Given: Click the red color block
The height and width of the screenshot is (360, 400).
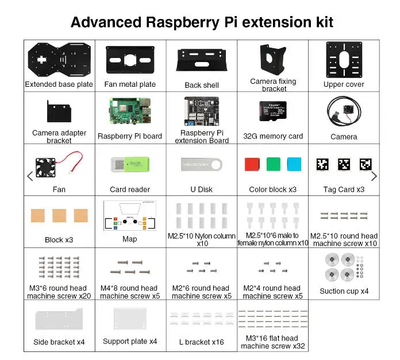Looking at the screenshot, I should (x=252, y=164).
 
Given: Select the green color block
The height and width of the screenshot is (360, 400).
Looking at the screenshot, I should (x=273, y=164).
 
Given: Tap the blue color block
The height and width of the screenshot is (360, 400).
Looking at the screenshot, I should (x=294, y=164).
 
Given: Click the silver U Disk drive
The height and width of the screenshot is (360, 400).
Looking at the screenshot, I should (x=201, y=165).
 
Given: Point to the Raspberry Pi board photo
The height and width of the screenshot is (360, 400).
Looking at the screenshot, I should (x=130, y=113).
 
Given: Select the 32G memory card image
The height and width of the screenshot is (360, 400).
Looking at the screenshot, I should (x=273, y=111).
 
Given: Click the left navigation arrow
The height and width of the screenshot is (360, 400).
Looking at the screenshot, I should (x=30, y=176).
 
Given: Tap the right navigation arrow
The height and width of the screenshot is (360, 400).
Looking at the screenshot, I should (x=374, y=176).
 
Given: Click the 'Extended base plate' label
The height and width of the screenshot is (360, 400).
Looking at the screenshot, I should (x=59, y=84).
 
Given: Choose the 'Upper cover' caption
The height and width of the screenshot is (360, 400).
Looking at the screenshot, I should (x=344, y=84).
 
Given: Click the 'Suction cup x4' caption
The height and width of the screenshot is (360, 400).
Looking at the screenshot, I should (x=344, y=291).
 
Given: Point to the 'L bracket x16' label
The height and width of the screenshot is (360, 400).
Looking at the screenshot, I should (x=201, y=342).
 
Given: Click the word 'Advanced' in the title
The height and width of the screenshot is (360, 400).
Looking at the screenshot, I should (x=105, y=22).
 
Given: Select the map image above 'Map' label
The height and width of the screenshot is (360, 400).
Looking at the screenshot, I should (x=130, y=216).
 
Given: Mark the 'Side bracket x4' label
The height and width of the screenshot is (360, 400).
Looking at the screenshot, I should (x=59, y=342).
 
